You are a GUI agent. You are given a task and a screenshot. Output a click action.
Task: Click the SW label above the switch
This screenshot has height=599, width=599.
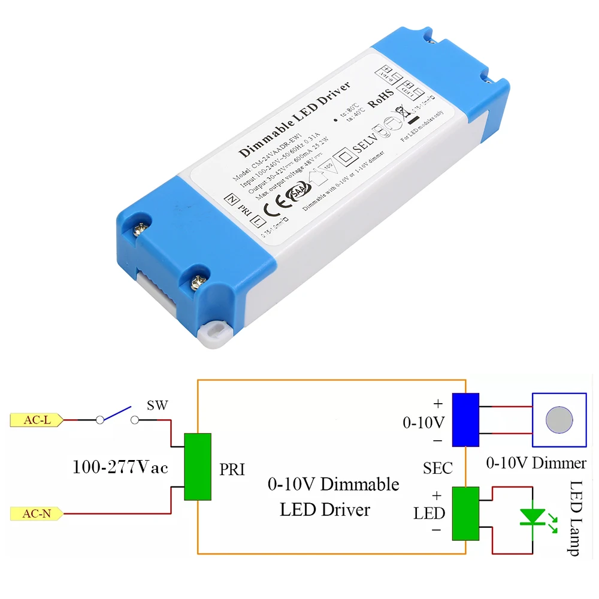point(157,406)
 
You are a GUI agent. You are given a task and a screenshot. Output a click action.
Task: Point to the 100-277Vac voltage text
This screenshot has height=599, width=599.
point(120,467)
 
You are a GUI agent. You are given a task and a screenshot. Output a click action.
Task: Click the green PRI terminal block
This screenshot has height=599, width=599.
point(198,467)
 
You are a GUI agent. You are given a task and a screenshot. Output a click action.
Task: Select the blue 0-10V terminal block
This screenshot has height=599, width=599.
point(465,420)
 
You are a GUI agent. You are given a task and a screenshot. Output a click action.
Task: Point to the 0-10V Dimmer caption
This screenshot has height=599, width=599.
point(536,462)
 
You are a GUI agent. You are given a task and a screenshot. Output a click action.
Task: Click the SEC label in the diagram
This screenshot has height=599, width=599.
point(437,468)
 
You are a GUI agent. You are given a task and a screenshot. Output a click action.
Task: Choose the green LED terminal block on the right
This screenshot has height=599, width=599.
point(465,513)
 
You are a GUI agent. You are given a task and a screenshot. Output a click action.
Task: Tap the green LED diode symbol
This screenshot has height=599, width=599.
point(532,516)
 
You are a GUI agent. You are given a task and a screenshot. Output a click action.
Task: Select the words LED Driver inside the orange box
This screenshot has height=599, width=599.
point(325,510)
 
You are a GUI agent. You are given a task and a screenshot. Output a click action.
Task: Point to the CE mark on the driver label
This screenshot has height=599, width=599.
point(270,204)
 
